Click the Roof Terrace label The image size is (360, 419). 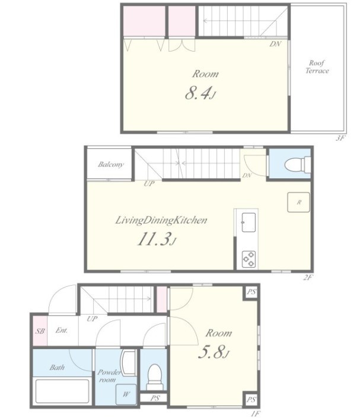click(x=317, y=67)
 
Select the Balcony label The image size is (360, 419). click(x=110, y=164)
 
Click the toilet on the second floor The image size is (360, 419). click(x=297, y=164)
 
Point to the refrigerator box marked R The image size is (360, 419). click(x=298, y=202)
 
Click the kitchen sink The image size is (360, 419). click(x=249, y=222)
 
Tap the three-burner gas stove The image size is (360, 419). click(x=249, y=259)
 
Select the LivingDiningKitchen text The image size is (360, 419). click(x=161, y=220)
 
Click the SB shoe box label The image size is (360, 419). click(x=40, y=331)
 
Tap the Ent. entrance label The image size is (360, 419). click(x=62, y=330)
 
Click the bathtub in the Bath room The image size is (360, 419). click(x=62, y=391)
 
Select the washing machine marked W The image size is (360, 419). click(x=126, y=395)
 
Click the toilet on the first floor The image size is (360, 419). click(x=155, y=377)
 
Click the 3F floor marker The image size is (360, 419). click(x=341, y=138)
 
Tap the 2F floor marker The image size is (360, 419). click(x=308, y=277)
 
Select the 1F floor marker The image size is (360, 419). click(x=256, y=414)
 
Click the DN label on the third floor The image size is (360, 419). click(x=275, y=44)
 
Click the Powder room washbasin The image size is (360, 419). click(x=128, y=363)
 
